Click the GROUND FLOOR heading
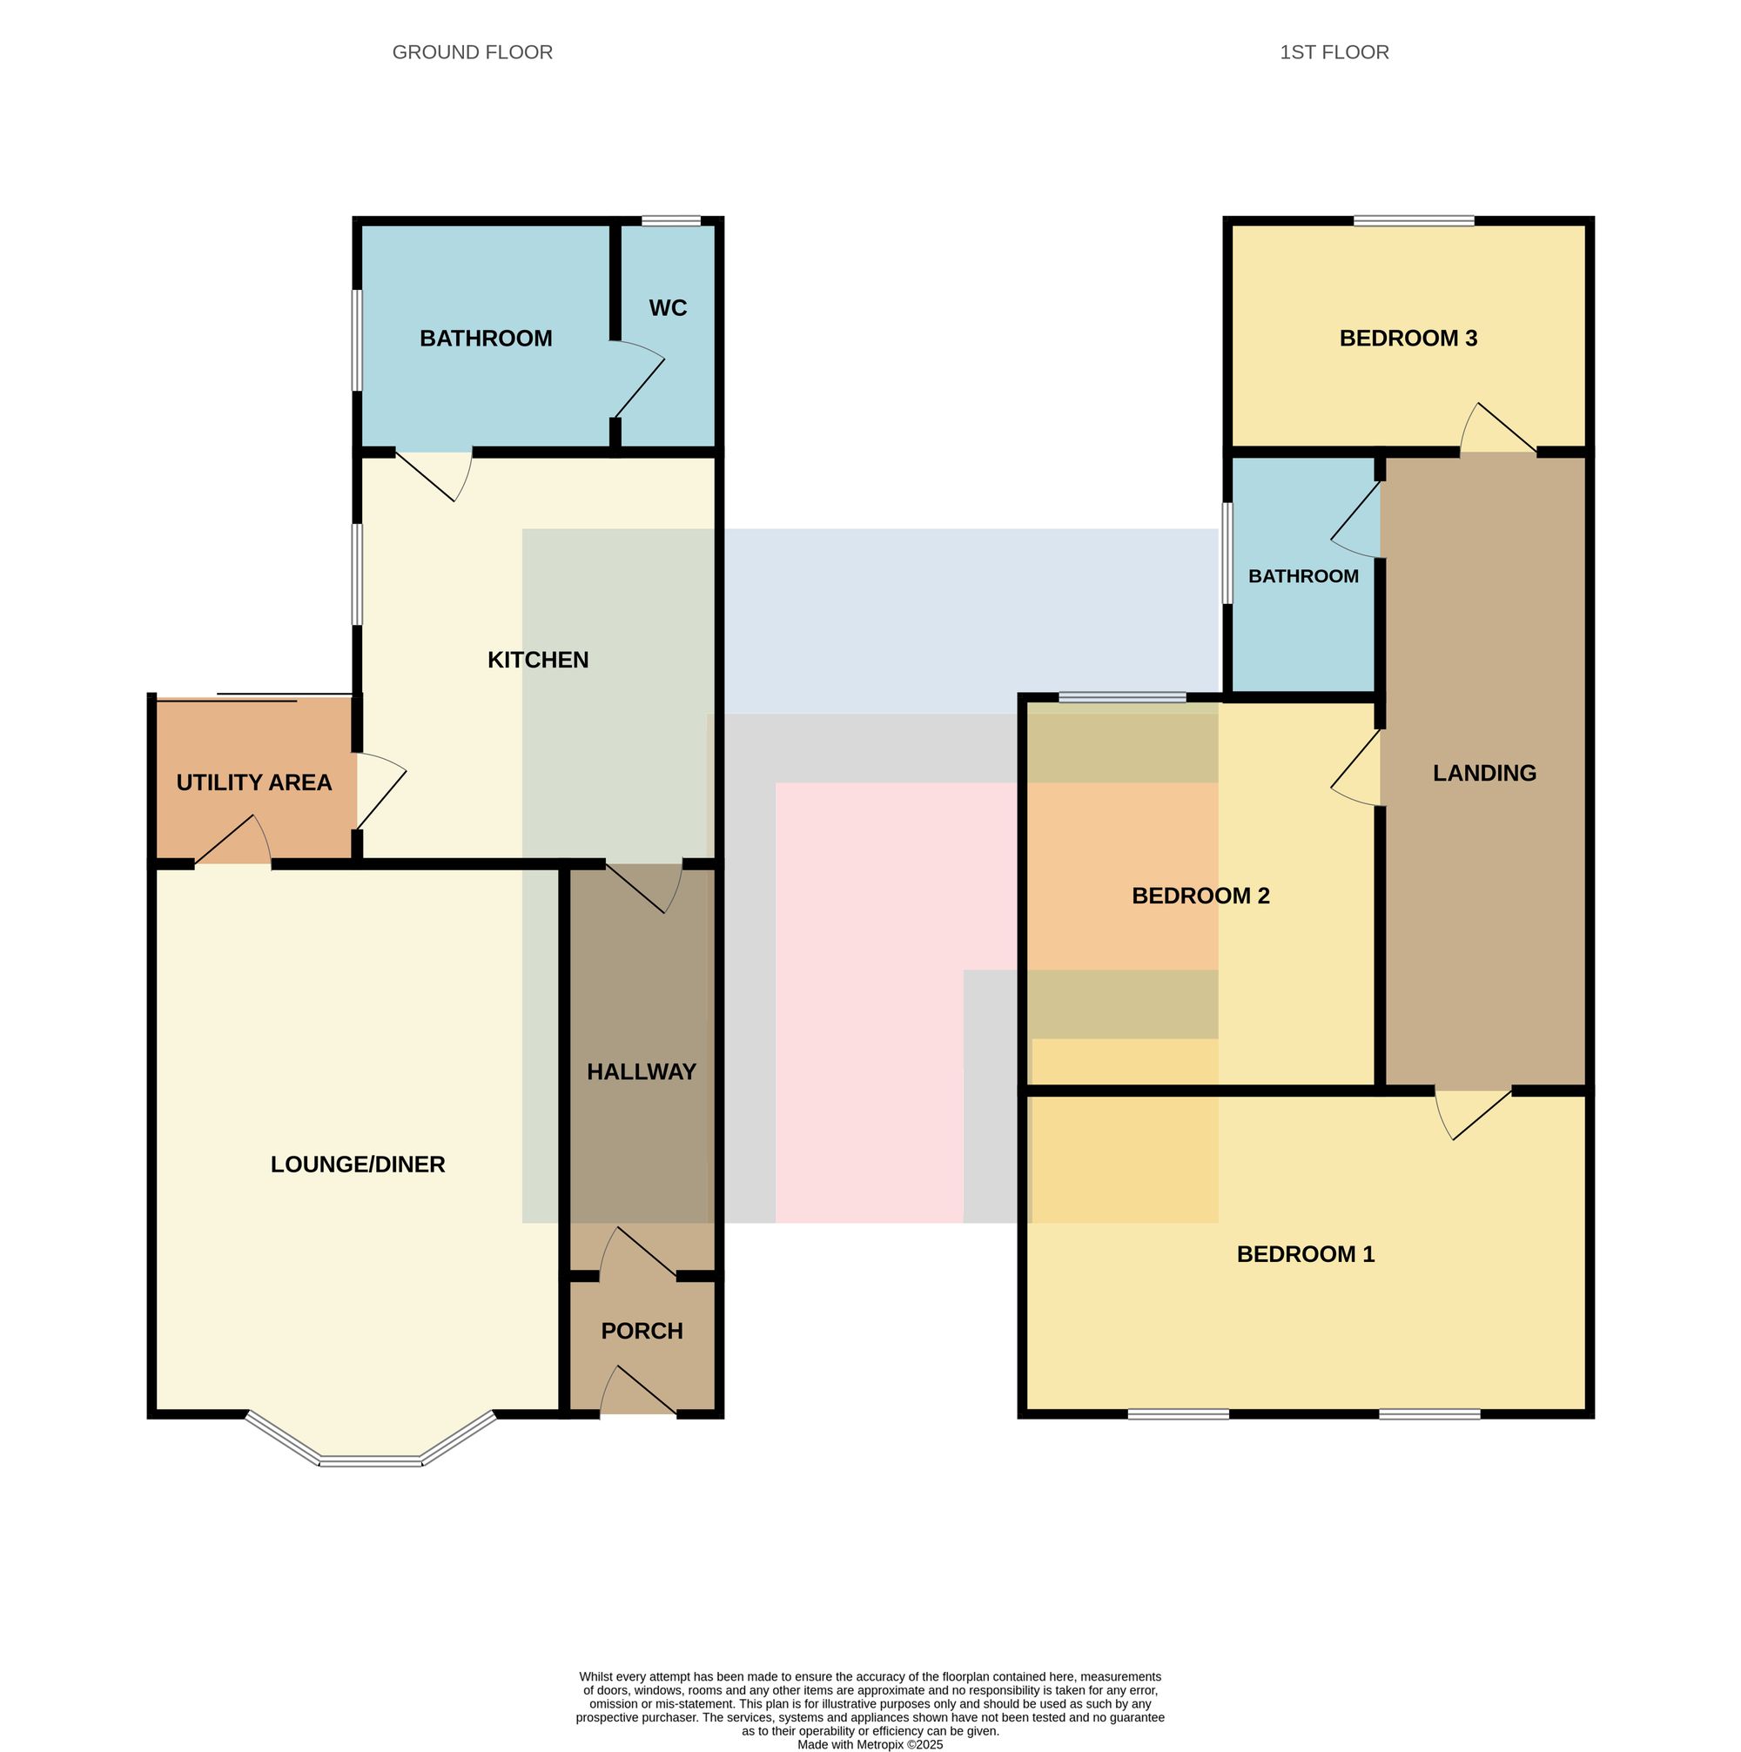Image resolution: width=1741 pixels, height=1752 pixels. pyautogui.click(x=473, y=52)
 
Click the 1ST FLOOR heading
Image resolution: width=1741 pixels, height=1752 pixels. pyautogui.click(x=1334, y=52)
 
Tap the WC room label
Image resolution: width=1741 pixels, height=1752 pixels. pyautogui.click(x=668, y=308)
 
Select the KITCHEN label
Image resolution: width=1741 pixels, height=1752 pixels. pyautogui.click(x=538, y=661)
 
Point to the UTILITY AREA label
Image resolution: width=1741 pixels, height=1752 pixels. pyautogui.click(x=254, y=782)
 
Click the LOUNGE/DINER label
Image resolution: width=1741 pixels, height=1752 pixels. pyautogui.click(x=357, y=1165)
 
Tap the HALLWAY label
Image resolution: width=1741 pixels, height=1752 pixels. pyautogui.click(x=641, y=1072)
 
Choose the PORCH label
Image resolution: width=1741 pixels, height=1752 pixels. pyautogui.click(x=642, y=1332)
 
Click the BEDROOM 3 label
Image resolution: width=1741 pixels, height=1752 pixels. pyautogui.click(x=1408, y=339)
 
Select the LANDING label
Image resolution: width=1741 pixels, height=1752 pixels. pyautogui.click(x=1484, y=774)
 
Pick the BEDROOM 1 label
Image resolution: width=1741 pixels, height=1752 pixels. pyautogui.click(x=1305, y=1254)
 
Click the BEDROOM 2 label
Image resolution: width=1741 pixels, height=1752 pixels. pyautogui.click(x=1200, y=896)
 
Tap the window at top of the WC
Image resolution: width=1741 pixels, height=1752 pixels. pyautogui.click(x=671, y=220)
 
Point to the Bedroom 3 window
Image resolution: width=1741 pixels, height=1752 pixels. pyautogui.click(x=1414, y=220)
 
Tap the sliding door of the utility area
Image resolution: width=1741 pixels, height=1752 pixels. pyautogui.click(x=255, y=697)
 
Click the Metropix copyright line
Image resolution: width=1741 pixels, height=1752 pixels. pyautogui.click(x=870, y=1744)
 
